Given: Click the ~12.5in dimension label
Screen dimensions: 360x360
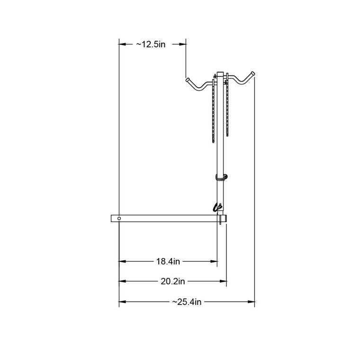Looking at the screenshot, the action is [x=151, y=44].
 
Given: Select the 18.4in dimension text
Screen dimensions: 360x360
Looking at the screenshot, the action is [x=168, y=261].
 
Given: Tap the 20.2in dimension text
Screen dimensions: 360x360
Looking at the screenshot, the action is [x=172, y=281].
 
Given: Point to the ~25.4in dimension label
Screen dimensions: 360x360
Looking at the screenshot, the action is [x=187, y=302].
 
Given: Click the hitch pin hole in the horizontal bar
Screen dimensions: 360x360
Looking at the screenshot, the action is [x=119, y=218].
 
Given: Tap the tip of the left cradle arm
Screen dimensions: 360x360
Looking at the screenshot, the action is [x=188, y=80].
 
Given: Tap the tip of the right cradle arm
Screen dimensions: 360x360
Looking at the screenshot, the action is [x=253, y=74].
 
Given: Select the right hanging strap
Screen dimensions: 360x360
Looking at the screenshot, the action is [x=227, y=105].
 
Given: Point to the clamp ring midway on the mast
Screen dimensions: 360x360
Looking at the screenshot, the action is [x=221, y=177].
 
